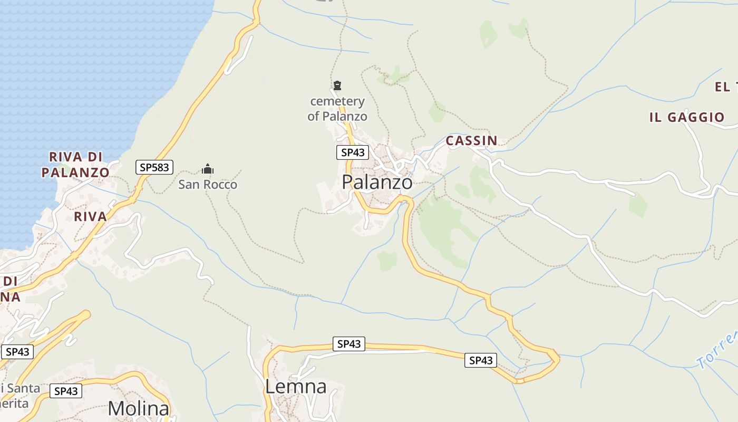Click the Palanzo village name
click(x=377, y=182)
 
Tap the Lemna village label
click(x=295, y=387)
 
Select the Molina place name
click(x=139, y=409)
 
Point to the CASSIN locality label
click(x=471, y=140)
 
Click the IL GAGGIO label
click(x=687, y=117)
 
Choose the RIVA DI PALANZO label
click(x=75, y=165)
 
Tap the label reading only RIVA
click(x=90, y=216)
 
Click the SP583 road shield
click(x=154, y=167)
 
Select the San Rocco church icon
click(x=208, y=169)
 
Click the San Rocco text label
click(x=208, y=185)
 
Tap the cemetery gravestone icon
click(x=337, y=85)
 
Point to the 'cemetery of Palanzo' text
click(x=337, y=109)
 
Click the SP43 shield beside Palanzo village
click(x=353, y=152)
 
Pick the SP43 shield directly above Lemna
click(x=348, y=344)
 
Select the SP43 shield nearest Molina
click(x=66, y=391)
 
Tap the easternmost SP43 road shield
click(x=481, y=360)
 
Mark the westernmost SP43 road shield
click(x=17, y=352)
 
